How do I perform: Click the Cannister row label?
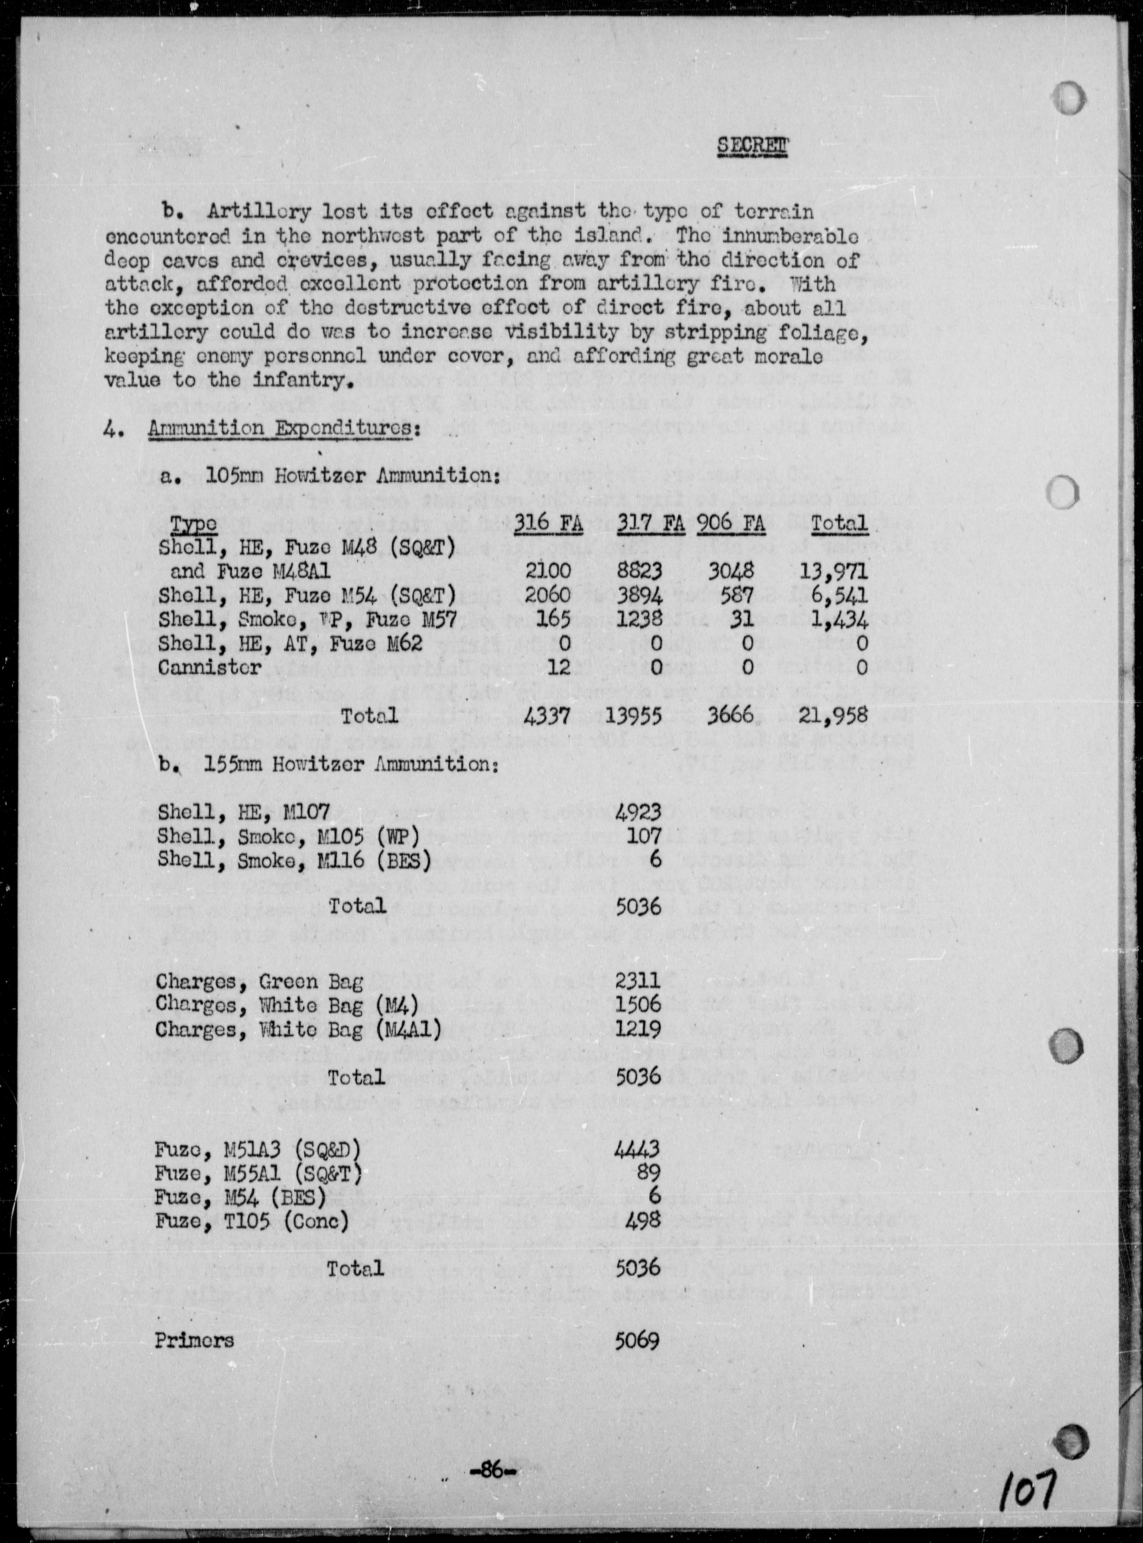(x=210, y=667)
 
